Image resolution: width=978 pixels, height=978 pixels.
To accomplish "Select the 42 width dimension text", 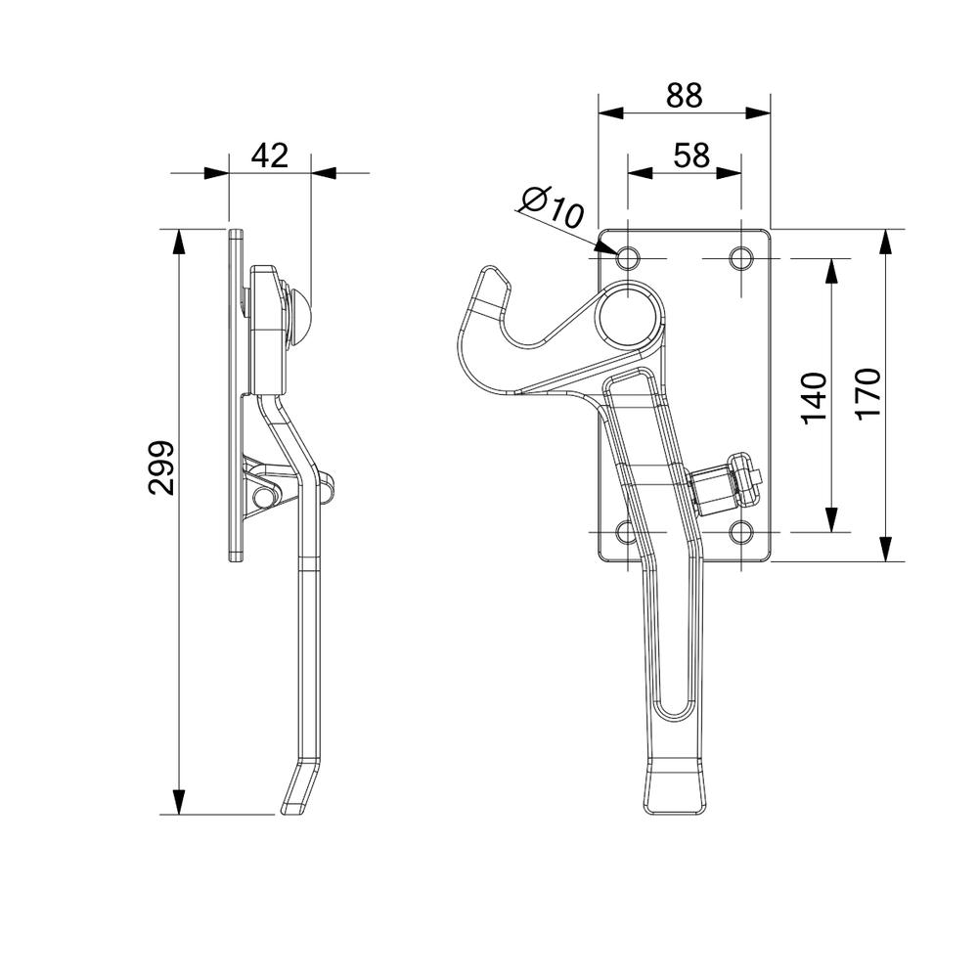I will point(271,155).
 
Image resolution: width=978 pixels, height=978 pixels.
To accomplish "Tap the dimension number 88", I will point(685,95).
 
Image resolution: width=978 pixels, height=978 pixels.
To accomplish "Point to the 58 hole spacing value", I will point(690,155).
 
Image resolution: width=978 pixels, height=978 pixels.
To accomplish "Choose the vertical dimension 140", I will point(814,396).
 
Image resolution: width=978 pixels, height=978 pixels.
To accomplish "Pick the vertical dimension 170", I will point(867,394).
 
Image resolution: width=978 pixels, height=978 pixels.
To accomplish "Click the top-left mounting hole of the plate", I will point(627,258).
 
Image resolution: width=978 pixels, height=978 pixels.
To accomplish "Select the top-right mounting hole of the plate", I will point(742,258).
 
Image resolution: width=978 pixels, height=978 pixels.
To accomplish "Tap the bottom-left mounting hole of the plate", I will point(627,532).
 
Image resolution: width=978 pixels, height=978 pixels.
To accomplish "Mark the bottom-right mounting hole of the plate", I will point(742,532).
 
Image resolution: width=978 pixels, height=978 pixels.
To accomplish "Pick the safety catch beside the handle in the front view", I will point(726,485).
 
